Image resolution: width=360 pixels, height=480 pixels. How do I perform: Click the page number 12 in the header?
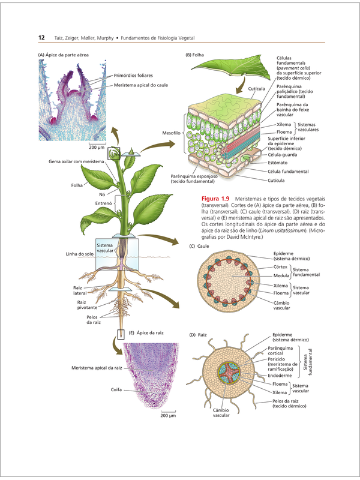[x=41, y=38]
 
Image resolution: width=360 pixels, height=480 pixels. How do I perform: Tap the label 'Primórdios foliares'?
[x=133, y=76]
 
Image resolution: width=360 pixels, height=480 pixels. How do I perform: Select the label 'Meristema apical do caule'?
[x=141, y=85]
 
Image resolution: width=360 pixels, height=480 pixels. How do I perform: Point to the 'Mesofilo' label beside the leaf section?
[x=171, y=133]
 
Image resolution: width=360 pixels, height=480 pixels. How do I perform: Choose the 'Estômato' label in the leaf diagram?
[x=278, y=163]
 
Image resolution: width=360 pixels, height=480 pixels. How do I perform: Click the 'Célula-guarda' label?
[x=282, y=155]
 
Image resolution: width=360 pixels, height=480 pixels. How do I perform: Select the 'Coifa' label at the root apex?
[x=116, y=389]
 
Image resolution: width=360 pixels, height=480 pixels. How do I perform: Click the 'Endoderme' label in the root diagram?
[x=280, y=376]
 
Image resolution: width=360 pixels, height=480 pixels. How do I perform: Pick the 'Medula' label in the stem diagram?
[x=281, y=275]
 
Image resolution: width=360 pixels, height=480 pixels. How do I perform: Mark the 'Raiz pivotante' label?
[x=87, y=305]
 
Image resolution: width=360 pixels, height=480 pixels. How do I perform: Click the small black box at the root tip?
[x=121, y=334]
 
